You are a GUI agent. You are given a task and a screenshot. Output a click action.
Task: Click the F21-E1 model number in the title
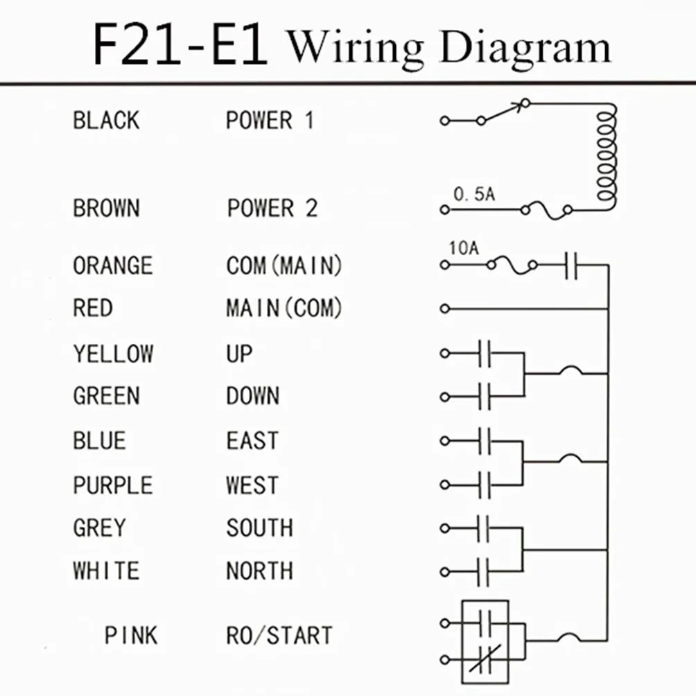180,45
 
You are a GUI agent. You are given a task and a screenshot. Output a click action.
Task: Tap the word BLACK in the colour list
106,121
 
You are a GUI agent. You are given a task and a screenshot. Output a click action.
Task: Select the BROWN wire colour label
106,208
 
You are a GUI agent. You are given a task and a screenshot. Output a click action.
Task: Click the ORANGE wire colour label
113,266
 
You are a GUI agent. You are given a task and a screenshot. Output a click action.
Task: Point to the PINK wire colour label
130,635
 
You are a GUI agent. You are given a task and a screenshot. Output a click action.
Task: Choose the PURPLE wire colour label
113,485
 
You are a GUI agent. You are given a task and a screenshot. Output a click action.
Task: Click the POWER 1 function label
270,121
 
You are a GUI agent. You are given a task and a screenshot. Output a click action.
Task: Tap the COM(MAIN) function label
284,266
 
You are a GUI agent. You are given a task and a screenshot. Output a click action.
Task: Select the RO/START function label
279,635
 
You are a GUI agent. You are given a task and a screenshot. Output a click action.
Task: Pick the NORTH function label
259,571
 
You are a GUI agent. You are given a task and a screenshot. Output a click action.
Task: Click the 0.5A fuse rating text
474,194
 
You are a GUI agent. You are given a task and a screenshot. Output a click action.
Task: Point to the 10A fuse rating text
464,248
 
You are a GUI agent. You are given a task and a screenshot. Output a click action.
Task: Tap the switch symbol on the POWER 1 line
503,112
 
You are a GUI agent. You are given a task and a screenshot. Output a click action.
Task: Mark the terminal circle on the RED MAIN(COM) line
445,308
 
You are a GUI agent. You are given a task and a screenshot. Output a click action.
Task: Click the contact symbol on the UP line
485,354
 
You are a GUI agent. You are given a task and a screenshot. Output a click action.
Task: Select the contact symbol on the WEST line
485,485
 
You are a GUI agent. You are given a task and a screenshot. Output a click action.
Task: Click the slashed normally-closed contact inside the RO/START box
485,659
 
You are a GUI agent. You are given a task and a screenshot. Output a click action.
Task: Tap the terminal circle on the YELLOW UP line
445,354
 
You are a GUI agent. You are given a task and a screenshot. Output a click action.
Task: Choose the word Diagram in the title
525,48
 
